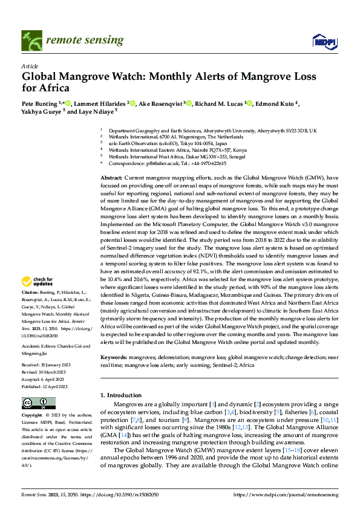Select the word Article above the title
30,66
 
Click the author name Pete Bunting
40,104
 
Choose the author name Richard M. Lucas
220,104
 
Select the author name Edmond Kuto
275,104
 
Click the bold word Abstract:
112,178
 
